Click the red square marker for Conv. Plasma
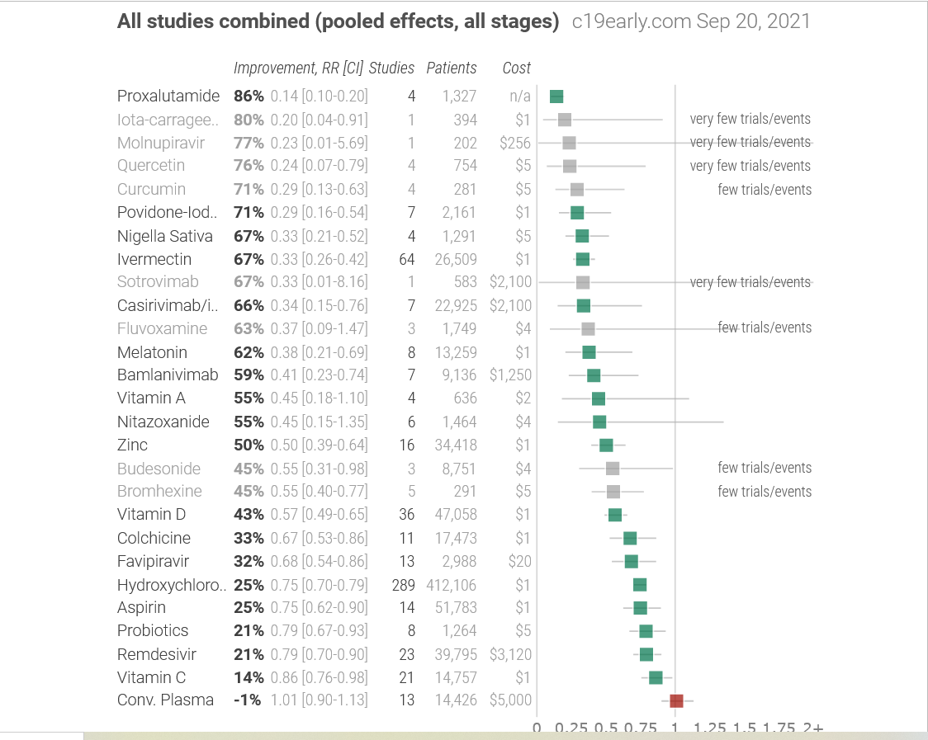(x=676, y=700)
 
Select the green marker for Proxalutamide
(x=556, y=97)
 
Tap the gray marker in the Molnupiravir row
(x=569, y=143)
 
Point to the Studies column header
(x=391, y=68)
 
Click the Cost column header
(x=517, y=68)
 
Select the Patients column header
(x=452, y=68)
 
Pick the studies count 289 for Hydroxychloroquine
(x=403, y=585)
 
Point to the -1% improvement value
(x=249, y=700)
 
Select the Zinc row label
(x=132, y=445)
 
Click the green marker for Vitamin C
(x=656, y=677)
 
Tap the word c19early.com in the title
(x=631, y=21)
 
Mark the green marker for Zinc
(x=606, y=445)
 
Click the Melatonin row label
(x=152, y=352)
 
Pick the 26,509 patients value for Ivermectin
(x=456, y=259)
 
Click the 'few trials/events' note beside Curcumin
(x=765, y=190)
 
